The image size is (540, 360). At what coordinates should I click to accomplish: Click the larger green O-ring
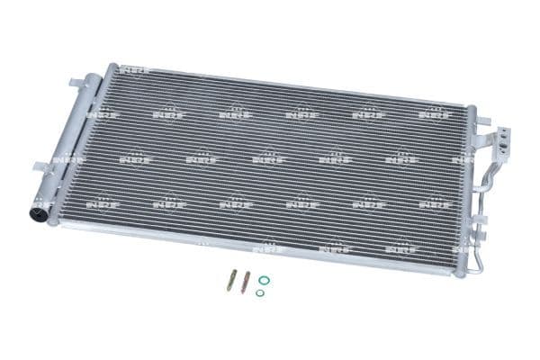(x=264, y=280)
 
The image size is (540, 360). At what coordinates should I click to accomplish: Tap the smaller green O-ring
(x=259, y=292)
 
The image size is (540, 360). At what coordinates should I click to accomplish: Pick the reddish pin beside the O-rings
(x=246, y=280)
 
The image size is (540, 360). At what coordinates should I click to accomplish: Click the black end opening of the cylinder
(x=40, y=213)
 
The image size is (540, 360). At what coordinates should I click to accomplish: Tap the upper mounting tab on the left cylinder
(x=76, y=84)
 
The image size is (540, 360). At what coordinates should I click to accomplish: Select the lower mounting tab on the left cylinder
(x=40, y=166)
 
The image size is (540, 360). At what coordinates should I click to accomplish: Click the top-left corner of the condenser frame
(x=111, y=67)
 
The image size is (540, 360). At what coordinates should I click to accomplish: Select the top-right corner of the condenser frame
(x=471, y=109)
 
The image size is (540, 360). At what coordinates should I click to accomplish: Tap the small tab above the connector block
(x=484, y=119)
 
